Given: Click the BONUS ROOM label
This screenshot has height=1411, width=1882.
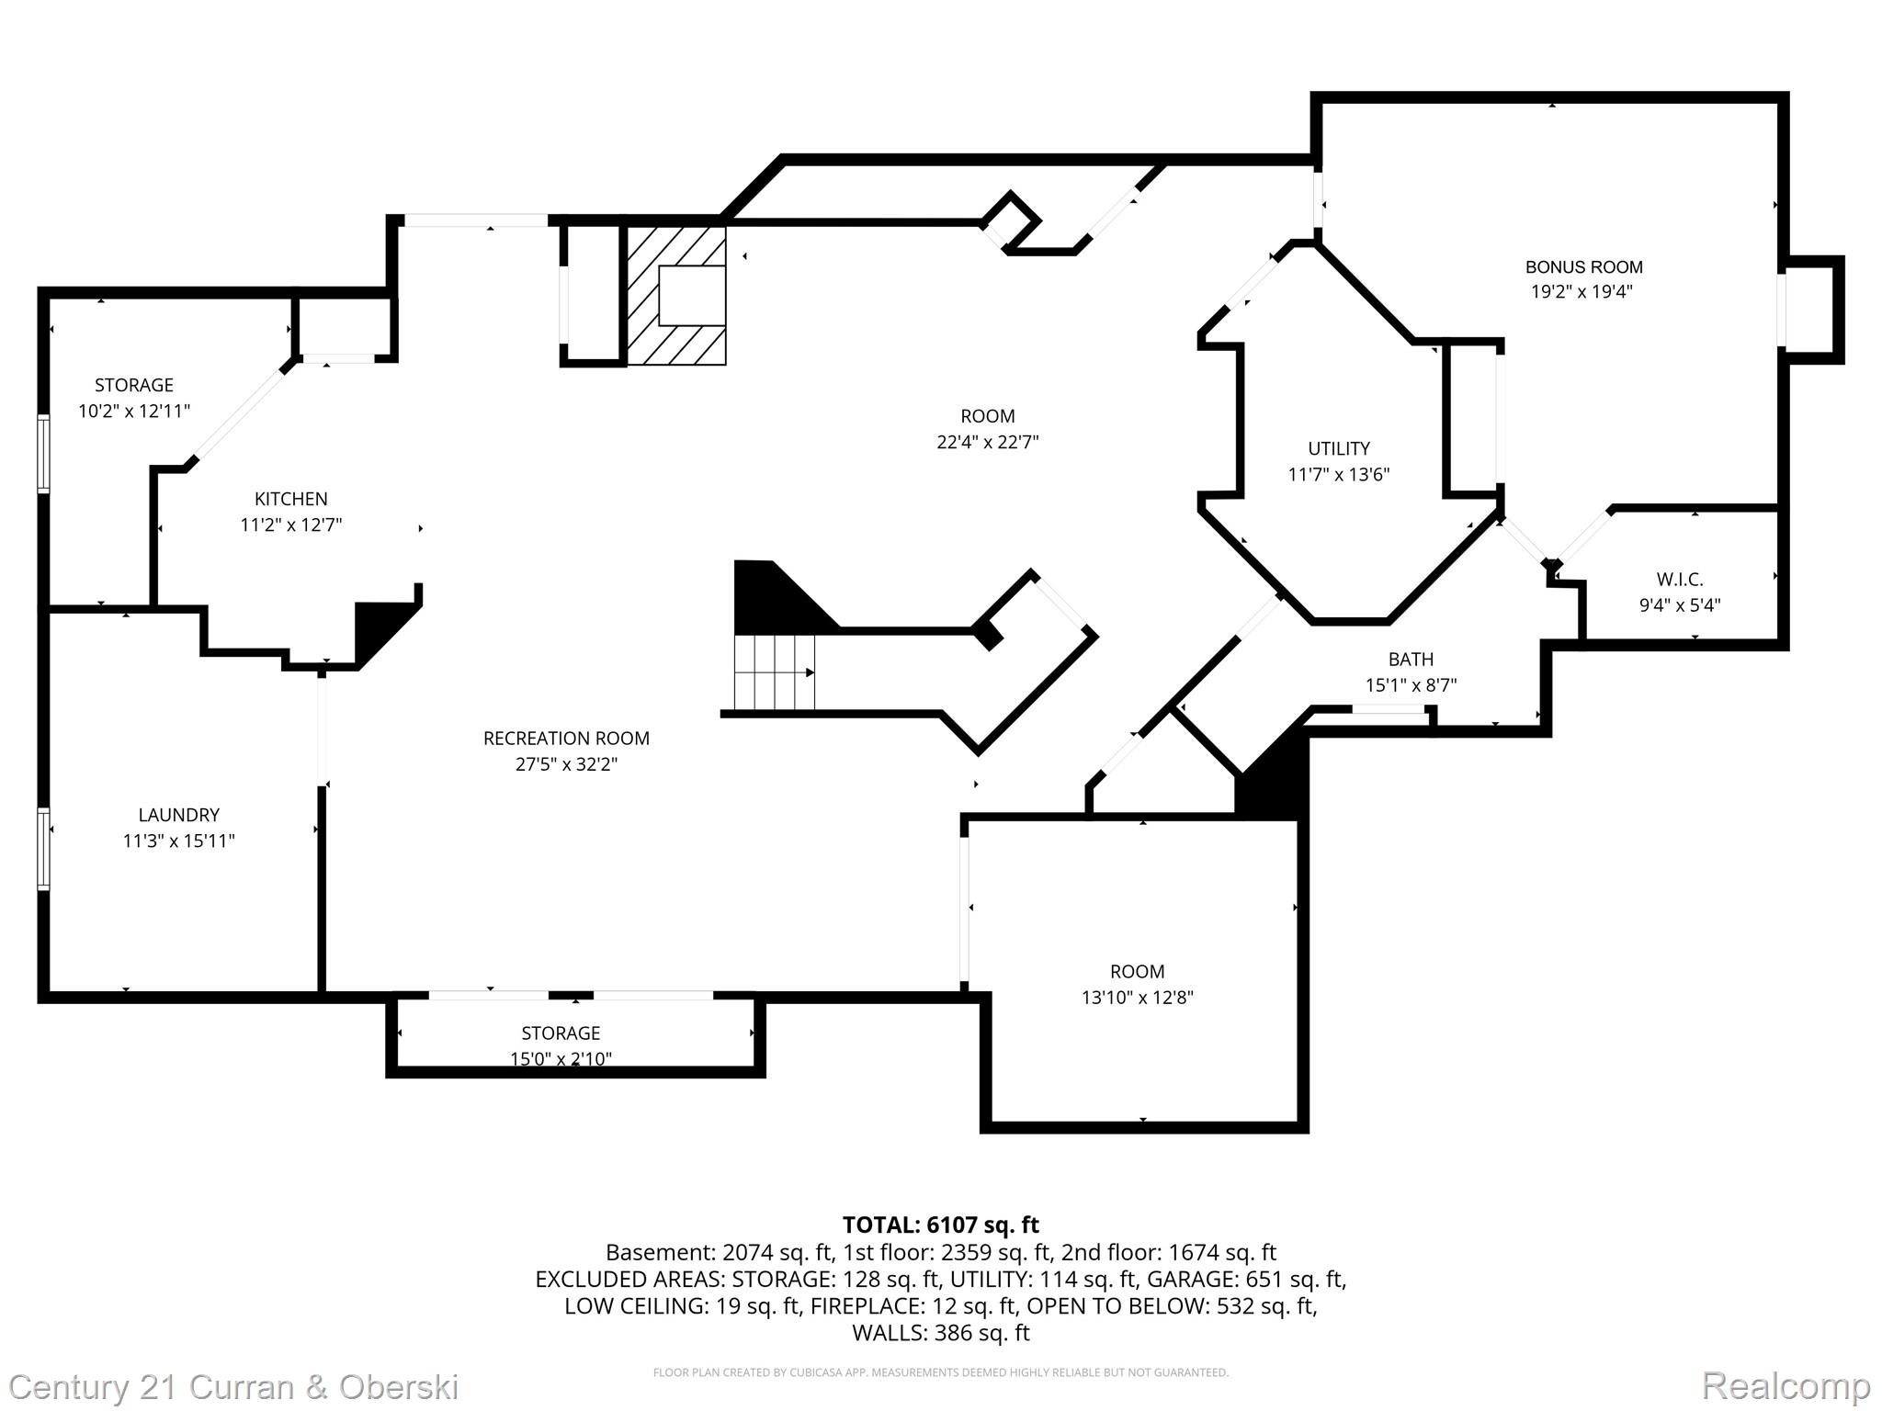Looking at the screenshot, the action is [x=1583, y=267].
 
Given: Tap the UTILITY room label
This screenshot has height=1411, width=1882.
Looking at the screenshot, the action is [x=1339, y=448].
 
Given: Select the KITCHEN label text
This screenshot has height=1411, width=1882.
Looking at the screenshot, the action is [x=291, y=499].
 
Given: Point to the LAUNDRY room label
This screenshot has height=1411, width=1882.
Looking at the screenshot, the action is [x=179, y=815].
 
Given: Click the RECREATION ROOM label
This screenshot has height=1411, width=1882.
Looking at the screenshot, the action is [x=566, y=739].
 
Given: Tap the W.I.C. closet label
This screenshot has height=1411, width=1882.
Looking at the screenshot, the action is [x=1680, y=580].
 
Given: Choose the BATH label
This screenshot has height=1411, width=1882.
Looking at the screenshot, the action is [x=1411, y=660].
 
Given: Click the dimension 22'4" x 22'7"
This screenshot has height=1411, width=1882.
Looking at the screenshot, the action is [x=988, y=442].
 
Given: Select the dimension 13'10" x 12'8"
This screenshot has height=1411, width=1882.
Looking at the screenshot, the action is [x=1138, y=998].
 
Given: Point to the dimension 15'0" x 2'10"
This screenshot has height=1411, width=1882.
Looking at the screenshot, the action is [x=561, y=1059].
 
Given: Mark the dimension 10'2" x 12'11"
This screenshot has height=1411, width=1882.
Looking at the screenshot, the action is [x=134, y=411].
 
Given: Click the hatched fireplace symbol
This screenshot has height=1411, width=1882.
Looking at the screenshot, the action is [x=676, y=295].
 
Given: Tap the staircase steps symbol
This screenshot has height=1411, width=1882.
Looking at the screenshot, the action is [x=775, y=672].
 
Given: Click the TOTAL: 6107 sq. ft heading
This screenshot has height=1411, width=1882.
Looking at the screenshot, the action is [x=941, y=1225].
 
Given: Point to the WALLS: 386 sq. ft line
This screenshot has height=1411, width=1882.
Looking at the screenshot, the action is [x=941, y=1332].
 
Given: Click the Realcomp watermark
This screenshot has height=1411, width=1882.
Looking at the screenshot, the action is [x=1786, y=1385].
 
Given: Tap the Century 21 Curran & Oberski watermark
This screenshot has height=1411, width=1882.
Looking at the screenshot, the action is [x=234, y=1387].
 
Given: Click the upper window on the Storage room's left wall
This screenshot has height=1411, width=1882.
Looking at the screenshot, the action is [x=43, y=454].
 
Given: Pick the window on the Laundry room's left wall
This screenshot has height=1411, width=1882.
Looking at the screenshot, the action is [x=43, y=849].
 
